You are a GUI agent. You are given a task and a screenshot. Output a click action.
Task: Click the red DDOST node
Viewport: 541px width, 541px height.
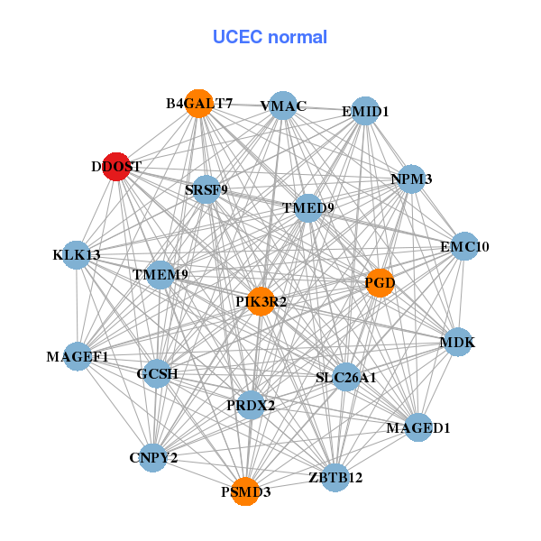click(x=115, y=167)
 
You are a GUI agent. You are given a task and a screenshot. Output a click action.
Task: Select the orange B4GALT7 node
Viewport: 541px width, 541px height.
click(x=198, y=104)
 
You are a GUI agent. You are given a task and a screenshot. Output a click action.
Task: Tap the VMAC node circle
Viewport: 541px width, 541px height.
click(x=283, y=105)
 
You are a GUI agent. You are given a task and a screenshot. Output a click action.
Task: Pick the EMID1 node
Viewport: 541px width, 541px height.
click(x=364, y=112)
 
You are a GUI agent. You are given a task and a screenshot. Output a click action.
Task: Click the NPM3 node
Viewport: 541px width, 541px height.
click(x=411, y=179)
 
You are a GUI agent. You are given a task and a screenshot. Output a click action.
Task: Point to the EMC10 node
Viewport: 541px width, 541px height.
click(x=463, y=246)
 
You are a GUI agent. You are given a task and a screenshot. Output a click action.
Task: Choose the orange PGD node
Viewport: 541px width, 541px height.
click(x=380, y=283)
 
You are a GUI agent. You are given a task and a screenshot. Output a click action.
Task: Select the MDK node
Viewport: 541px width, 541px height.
click(x=457, y=343)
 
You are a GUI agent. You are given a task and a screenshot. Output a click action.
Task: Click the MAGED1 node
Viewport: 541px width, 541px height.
click(x=417, y=426)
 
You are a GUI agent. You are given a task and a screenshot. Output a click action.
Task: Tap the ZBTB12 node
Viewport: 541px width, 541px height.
click(x=335, y=477)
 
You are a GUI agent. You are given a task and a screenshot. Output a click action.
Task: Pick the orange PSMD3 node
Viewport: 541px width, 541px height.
click(x=245, y=491)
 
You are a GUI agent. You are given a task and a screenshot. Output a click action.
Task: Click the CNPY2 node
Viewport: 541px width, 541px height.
click(x=153, y=457)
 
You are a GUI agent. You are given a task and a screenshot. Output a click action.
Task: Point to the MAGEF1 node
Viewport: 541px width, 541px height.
click(x=78, y=357)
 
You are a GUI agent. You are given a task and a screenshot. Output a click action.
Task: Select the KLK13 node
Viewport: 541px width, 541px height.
click(x=77, y=255)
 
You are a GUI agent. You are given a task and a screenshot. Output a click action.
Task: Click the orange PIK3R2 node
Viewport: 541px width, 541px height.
click(x=261, y=301)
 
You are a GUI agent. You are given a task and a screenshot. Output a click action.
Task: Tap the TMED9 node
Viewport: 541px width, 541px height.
click(x=308, y=208)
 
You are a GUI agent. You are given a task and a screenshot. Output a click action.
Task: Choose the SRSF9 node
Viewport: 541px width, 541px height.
click(x=206, y=189)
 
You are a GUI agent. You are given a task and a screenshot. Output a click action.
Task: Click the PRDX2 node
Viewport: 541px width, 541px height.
click(x=251, y=405)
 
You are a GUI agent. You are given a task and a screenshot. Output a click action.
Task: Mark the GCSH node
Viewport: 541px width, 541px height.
click(x=158, y=373)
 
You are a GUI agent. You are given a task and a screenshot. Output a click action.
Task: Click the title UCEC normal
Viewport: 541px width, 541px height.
click(x=270, y=37)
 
